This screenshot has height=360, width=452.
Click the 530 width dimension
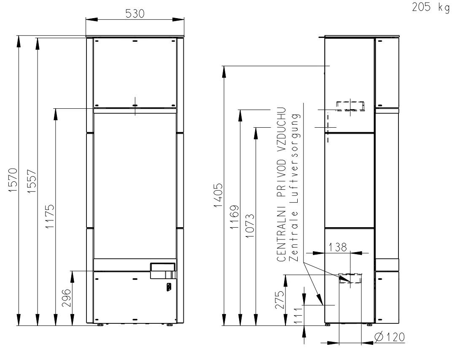point(135,13)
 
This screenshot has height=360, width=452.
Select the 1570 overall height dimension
point(13,180)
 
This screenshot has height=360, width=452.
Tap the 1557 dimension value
point(32,181)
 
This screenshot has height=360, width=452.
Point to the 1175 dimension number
point(50,216)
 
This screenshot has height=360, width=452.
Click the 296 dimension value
point(67,298)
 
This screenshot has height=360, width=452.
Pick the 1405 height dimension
point(218,195)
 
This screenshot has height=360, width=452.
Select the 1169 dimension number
point(234,217)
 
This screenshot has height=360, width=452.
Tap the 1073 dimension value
point(250,226)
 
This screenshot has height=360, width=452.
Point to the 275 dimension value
point(280,300)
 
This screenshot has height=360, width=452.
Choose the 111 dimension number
point(298,315)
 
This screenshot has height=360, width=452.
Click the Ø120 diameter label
point(389,337)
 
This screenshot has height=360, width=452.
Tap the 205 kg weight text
point(430,7)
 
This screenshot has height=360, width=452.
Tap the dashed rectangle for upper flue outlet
point(351,106)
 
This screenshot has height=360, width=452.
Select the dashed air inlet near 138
point(350,278)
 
